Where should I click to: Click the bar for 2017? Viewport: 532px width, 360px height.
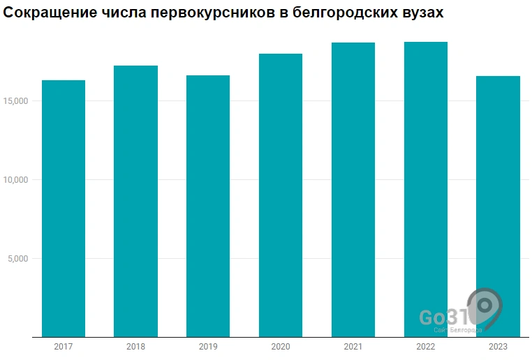[64, 209]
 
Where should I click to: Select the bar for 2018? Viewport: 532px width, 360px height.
[135, 202]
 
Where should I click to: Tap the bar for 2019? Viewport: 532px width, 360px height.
[208, 207]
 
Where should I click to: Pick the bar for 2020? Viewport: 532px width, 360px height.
[281, 196]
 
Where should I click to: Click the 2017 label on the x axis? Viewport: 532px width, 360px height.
[64, 347]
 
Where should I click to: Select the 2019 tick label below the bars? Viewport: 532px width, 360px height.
[208, 347]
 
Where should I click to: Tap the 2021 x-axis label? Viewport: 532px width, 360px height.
[353, 347]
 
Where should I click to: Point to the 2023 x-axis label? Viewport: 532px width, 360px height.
[498, 347]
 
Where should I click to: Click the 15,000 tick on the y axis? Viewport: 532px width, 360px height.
[15, 101]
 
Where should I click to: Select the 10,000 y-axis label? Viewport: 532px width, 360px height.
[15, 180]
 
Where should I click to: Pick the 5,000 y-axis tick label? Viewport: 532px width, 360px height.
[18, 259]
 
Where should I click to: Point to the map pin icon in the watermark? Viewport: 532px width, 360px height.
[486, 308]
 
